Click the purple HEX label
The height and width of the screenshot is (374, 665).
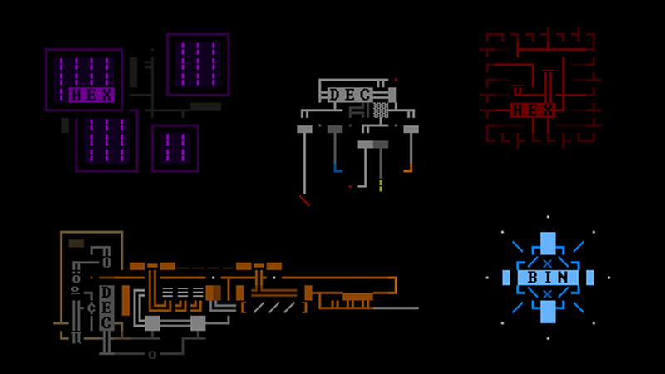point(86,95)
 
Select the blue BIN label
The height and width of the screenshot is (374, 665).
point(547,278)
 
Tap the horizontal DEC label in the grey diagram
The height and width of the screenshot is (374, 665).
point(349,95)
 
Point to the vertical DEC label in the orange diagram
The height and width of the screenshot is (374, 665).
point(106,308)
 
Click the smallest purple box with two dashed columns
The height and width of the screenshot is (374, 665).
point(175,148)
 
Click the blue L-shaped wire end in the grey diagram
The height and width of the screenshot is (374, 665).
point(337,169)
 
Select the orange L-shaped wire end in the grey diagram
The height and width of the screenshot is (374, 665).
point(408,169)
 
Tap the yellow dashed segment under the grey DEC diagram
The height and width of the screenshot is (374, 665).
point(381,185)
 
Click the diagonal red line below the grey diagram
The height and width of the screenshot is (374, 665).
point(305,200)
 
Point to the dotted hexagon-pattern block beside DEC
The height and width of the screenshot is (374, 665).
point(380,109)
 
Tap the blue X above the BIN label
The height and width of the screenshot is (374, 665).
point(547,263)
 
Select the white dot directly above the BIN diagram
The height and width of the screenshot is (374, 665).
point(547,218)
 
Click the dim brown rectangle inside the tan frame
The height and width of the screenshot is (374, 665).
point(76,244)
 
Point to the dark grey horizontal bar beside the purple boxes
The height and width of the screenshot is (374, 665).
point(205,106)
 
